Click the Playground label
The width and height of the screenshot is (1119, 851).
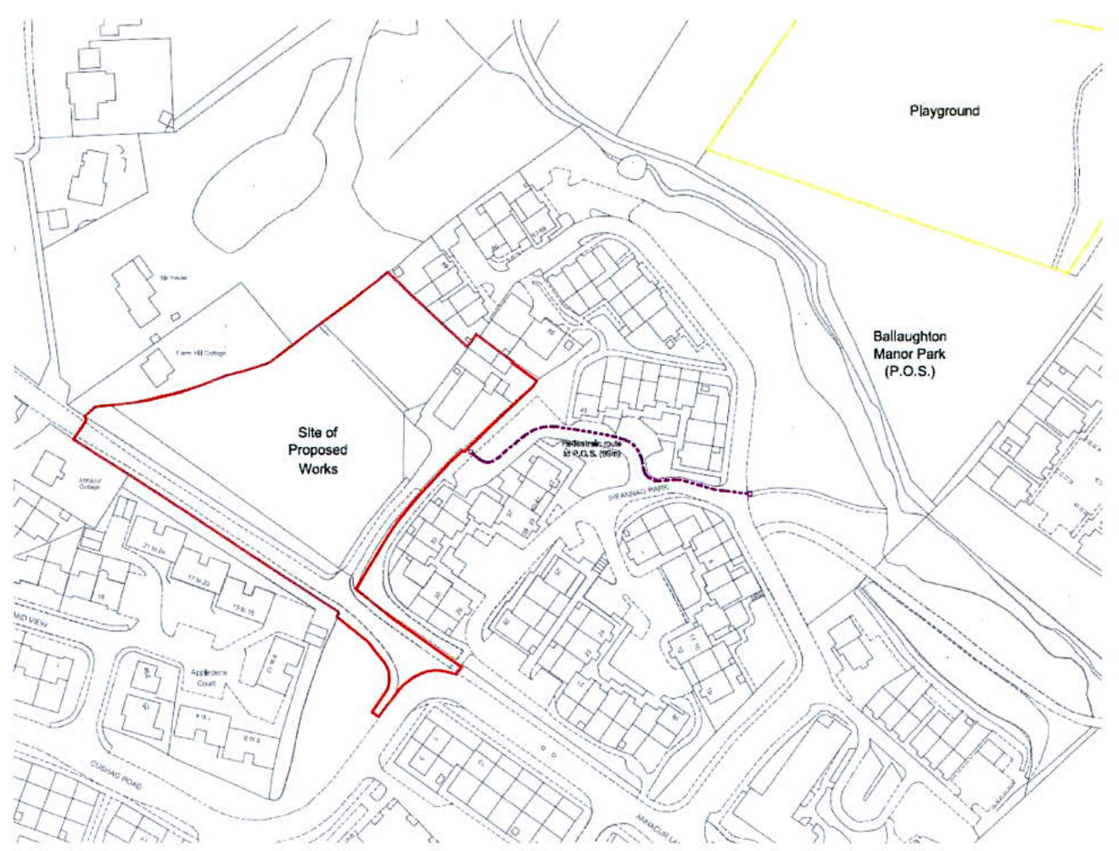[944, 111]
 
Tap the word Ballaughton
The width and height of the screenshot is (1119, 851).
[910, 337]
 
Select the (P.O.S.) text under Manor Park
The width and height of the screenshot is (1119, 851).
[909, 371]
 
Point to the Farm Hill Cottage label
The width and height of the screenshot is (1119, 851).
[201, 353]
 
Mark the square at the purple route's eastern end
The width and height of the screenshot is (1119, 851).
[749, 493]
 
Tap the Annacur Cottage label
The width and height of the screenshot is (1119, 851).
[89, 484]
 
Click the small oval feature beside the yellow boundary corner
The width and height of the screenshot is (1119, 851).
[633, 167]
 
